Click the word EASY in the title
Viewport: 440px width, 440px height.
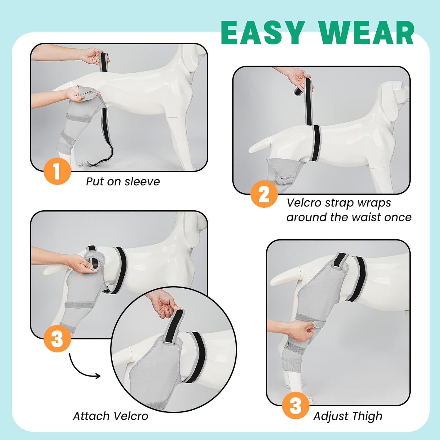pyautogui.click(x=262, y=33)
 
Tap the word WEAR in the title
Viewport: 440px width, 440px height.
pyautogui.click(x=366, y=33)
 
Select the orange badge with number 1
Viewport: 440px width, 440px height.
pyautogui.click(x=57, y=171)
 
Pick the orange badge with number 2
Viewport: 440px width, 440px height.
pyautogui.click(x=264, y=194)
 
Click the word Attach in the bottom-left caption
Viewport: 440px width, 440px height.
pyautogui.click(x=92, y=416)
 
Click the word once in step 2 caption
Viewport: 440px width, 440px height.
pyautogui.click(x=398, y=217)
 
